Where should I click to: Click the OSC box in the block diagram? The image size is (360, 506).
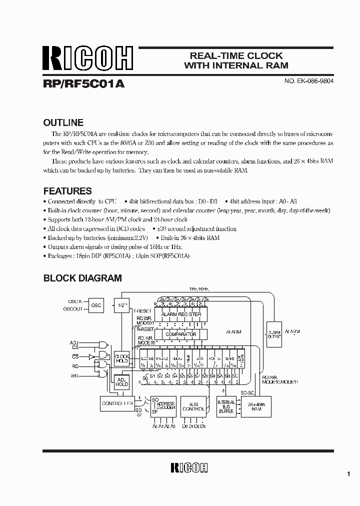point(96,305)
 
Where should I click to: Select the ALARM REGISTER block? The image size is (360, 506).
point(181,314)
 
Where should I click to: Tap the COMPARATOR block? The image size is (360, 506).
point(181,334)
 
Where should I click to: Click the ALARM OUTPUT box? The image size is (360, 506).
point(274,334)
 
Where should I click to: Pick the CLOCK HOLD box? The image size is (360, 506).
point(122,357)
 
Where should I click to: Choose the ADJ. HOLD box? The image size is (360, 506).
point(122,382)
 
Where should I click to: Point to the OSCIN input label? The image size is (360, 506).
point(74,301)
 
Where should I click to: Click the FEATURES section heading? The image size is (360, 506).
point(67,191)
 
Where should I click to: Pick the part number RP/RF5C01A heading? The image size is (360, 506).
point(83,84)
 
